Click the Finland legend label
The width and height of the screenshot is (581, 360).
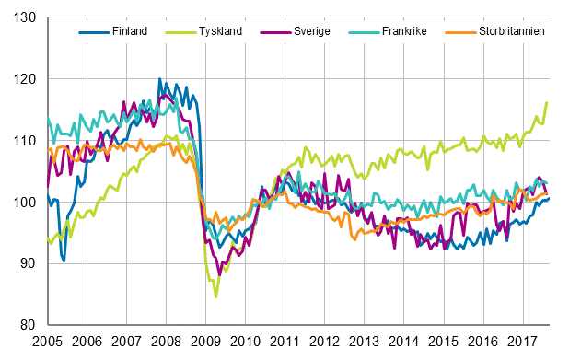tap(129, 31)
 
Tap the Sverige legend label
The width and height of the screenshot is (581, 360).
tap(313, 31)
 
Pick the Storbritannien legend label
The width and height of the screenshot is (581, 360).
tap(512, 31)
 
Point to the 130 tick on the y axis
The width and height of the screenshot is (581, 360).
tap(25, 18)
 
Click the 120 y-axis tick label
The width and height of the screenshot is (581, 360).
tap(25, 79)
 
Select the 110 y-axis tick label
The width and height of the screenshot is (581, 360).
tap(25, 141)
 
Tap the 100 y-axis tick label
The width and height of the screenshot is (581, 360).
tap(25, 203)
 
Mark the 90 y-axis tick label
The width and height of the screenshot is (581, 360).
tap(29, 263)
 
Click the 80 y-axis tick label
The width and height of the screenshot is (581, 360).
tap(29, 325)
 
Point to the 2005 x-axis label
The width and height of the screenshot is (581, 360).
tap(47, 341)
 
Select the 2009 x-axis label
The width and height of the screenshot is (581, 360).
tap(205, 341)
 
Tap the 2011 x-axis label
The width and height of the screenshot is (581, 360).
tap(285, 341)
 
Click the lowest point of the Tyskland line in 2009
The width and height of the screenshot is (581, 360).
tap(216, 297)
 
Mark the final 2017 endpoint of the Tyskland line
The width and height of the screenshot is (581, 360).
tap(547, 102)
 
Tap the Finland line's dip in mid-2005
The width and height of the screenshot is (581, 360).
tap(64, 261)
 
